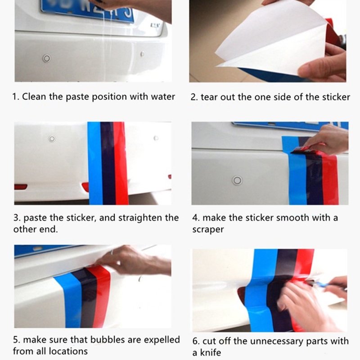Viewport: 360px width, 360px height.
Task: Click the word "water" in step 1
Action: pos(163,97)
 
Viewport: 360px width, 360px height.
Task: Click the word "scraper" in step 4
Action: pos(208,229)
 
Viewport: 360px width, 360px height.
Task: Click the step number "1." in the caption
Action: pos(16,97)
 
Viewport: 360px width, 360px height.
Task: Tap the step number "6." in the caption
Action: pos(196,341)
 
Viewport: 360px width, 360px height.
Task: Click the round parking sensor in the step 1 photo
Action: pos(47,58)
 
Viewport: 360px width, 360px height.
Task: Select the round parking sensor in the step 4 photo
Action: pos(237,180)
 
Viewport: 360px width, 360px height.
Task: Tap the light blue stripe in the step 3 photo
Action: pos(95,163)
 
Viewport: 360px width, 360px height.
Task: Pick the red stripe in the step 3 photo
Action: pos(121,163)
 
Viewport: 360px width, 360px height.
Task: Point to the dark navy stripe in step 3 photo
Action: pos(108,163)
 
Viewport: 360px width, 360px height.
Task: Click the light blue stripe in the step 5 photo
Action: pos(69,301)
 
